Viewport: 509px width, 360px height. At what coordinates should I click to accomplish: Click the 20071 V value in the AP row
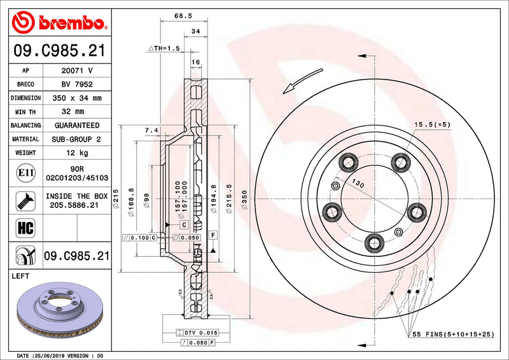tap(76, 71)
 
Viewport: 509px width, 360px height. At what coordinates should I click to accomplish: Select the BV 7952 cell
tap(76, 84)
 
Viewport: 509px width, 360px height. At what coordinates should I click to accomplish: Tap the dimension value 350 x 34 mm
tap(76, 98)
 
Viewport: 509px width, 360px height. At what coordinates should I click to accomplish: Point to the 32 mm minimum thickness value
tap(76, 112)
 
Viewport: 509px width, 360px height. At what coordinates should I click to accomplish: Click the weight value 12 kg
tap(76, 153)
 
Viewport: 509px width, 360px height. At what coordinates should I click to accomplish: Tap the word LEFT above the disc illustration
tap(23, 276)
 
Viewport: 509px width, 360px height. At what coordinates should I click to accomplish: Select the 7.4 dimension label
tap(151, 130)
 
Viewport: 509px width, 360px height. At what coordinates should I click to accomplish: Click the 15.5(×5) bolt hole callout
tap(432, 124)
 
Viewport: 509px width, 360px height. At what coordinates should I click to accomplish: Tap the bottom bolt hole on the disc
tap(374, 240)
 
